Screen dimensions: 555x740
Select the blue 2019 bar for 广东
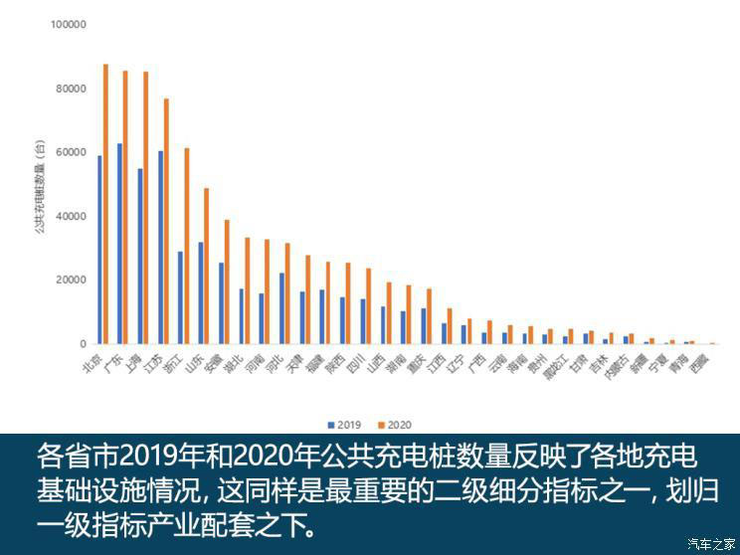119,244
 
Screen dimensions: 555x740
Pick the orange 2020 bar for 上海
145,208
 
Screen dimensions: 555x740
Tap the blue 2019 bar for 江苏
160,248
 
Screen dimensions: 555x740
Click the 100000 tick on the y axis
69,25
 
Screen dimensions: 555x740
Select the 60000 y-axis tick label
72,152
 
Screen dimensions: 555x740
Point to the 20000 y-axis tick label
72,279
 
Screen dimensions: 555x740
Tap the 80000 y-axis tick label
72,89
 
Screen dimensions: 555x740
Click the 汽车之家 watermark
710,543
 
